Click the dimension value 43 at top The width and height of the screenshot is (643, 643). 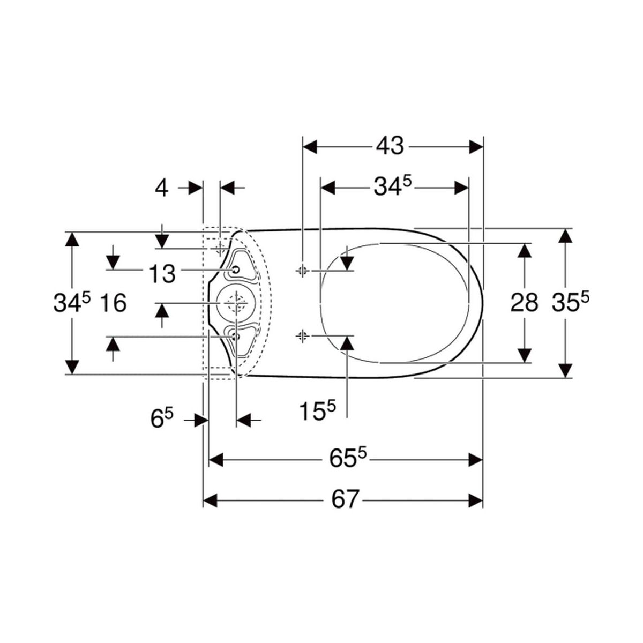(390, 146)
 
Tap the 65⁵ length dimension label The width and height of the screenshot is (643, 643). (348, 459)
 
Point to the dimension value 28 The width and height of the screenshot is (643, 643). (524, 303)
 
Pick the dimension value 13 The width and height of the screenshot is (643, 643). (162, 274)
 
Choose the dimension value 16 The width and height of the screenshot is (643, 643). (114, 303)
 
